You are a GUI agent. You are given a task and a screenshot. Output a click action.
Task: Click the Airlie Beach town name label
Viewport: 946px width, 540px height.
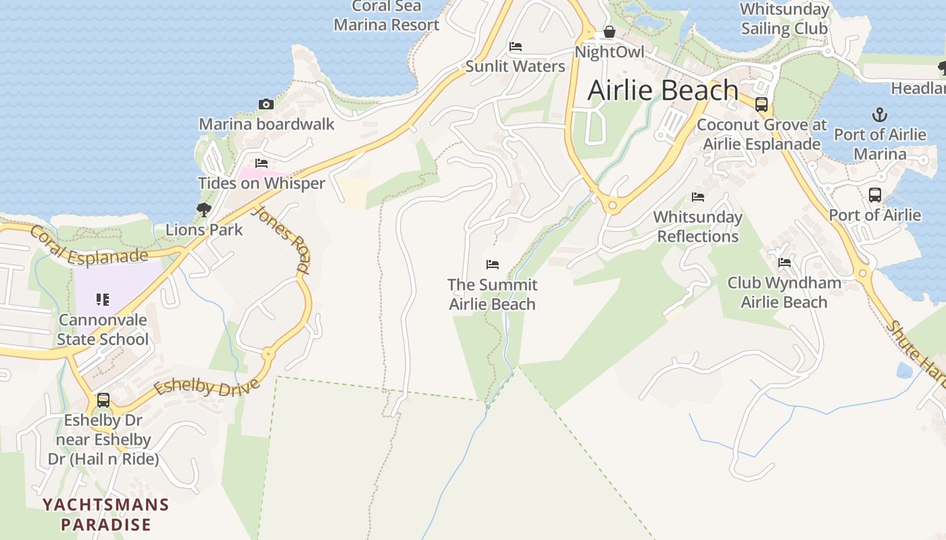pos(663,90)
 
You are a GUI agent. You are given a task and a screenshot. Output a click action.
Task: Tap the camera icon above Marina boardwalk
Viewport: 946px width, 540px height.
pos(266,105)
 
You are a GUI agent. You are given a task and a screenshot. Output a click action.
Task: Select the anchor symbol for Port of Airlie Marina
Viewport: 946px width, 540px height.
pos(880,114)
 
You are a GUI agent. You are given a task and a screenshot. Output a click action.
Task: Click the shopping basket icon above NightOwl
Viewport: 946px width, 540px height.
pos(609,32)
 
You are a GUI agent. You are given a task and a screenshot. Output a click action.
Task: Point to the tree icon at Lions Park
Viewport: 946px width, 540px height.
pos(203,210)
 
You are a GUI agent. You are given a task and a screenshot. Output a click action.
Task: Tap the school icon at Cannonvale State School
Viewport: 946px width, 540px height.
pos(103,299)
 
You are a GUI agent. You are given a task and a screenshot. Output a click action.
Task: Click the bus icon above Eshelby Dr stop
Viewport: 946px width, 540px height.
pos(103,400)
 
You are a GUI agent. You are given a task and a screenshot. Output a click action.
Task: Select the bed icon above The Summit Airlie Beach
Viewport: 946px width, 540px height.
pos(493,265)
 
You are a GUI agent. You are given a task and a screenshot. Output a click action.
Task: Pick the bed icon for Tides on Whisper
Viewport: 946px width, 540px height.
pos(262,163)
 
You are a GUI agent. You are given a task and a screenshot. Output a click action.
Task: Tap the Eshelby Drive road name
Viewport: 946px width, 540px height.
pos(207,388)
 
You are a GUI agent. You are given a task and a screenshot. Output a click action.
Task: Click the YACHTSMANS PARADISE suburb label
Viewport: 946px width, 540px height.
pos(105,514)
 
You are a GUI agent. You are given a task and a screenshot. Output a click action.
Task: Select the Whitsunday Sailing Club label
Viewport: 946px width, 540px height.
pos(785,19)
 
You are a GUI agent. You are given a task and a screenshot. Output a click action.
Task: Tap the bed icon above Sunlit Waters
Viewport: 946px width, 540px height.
pos(516,47)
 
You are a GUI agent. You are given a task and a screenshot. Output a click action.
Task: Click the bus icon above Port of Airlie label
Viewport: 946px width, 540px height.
pos(875,195)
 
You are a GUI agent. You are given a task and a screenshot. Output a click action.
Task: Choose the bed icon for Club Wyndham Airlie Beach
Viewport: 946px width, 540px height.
pos(785,263)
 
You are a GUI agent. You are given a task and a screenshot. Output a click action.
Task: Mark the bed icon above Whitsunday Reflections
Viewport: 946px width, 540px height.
pos(698,197)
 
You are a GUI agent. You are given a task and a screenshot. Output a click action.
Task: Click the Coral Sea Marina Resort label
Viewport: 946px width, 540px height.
pos(387,16)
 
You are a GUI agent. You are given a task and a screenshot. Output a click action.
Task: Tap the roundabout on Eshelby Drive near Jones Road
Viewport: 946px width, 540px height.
pos(268,353)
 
